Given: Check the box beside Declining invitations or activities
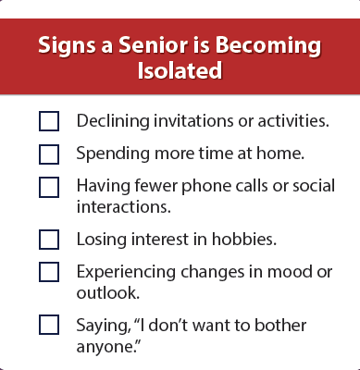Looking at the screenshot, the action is [x=49, y=121].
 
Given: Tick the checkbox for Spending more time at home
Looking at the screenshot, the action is [x=49, y=154].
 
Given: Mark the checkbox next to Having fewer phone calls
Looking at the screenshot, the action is [x=49, y=187].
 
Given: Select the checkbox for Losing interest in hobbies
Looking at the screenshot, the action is [x=49, y=240].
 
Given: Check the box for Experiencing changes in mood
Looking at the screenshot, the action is [x=49, y=272].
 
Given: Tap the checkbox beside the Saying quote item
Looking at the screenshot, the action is [x=49, y=325].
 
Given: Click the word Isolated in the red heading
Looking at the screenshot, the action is [x=180, y=70].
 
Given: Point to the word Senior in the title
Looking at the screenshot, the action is [x=154, y=44].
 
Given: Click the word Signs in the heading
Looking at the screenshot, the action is [x=67, y=46].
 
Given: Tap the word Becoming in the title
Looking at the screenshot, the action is [x=268, y=46].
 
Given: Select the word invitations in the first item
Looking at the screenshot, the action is [x=193, y=120].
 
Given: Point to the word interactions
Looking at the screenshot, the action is [x=124, y=206].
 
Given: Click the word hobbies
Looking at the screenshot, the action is [x=244, y=239].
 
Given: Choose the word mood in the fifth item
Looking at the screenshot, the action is [x=289, y=272].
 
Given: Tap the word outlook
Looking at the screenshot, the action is [x=108, y=292].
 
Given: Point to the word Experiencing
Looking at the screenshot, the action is [x=126, y=273].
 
